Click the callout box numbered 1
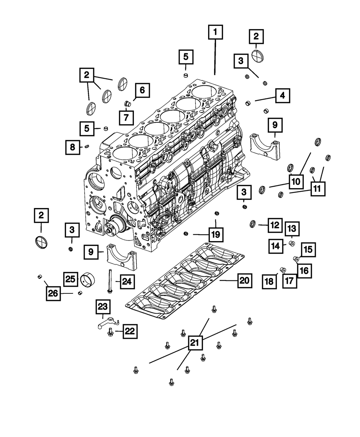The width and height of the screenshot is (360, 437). [215, 33]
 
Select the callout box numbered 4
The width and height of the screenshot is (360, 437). [283, 96]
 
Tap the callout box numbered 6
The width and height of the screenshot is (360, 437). [142, 90]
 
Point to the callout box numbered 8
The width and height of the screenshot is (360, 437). [72, 147]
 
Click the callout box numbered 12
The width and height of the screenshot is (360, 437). [274, 226]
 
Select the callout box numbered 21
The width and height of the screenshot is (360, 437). [194, 343]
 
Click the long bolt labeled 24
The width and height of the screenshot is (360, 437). [108, 281]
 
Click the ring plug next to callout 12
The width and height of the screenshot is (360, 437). [253, 225]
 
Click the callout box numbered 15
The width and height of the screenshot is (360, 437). [309, 249]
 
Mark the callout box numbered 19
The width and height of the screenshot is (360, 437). [215, 235]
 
